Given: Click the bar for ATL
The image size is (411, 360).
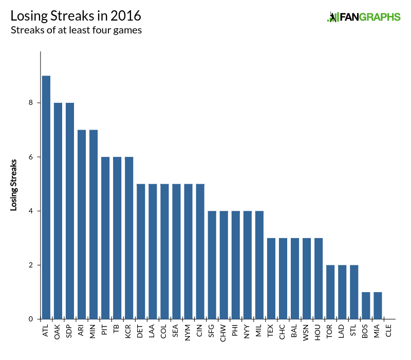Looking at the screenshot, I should (x=46, y=197).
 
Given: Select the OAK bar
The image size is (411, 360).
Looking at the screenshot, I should (x=58, y=211).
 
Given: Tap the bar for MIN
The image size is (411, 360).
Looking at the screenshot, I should (x=94, y=224).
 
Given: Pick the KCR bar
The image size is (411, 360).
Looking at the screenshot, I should (x=129, y=238).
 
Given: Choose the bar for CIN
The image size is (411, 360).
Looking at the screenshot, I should (x=200, y=251).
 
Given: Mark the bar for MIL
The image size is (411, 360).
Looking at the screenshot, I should (x=259, y=265).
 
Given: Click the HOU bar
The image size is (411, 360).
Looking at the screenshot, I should (x=319, y=278).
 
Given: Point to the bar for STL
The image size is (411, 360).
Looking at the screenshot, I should (x=354, y=292).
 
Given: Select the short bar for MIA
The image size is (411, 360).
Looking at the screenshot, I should (x=378, y=305).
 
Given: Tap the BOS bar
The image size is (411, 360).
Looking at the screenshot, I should (x=366, y=305).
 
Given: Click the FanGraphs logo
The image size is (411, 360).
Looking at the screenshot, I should (x=364, y=17).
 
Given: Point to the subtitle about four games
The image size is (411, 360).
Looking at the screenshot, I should (x=76, y=30).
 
